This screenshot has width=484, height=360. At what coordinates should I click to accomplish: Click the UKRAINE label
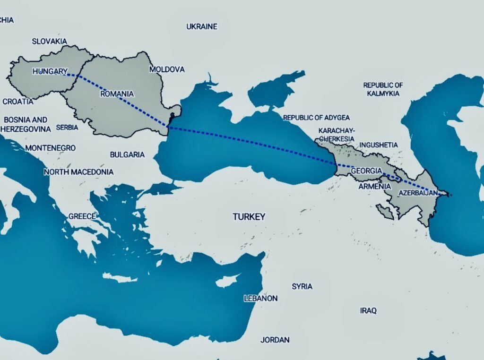pyautogui.click(x=202, y=26)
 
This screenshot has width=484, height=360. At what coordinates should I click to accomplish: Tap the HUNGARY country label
pyautogui.click(x=50, y=71)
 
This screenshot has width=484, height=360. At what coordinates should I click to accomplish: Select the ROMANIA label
pyautogui.click(x=117, y=94)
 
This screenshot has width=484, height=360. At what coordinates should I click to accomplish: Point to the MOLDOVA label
pyautogui.click(x=167, y=69)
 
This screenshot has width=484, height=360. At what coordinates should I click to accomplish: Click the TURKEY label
pyautogui.click(x=249, y=217)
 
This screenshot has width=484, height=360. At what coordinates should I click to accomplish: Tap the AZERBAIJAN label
pyautogui.click(x=418, y=193)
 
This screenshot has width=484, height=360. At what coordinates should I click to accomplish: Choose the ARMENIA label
pyautogui.click(x=375, y=187)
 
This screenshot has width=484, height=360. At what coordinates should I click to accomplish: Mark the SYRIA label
pyautogui.click(x=302, y=286)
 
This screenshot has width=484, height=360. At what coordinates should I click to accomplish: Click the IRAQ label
pyautogui.click(x=368, y=310)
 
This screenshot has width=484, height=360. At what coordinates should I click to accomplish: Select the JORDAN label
pyautogui.click(x=275, y=340)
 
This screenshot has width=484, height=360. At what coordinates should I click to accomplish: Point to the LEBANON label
pyautogui.click(x=260, y=299)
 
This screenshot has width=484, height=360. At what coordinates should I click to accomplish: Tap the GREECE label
pyautogui.click(x=82, y=216)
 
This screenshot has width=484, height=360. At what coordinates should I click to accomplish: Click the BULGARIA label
pyautogui.click(x=127, y=154)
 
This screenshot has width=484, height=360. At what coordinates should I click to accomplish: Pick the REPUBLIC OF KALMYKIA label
pyautogui.click(x=383, y=89)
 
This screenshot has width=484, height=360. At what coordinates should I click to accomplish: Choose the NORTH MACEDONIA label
pyautogui.click(x=79, y=172)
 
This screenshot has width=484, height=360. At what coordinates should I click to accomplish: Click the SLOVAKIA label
pyautogui.click(x=50, y=41)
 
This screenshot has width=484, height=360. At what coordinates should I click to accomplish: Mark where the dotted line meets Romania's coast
pyautogui.click(x=169, y=127)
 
